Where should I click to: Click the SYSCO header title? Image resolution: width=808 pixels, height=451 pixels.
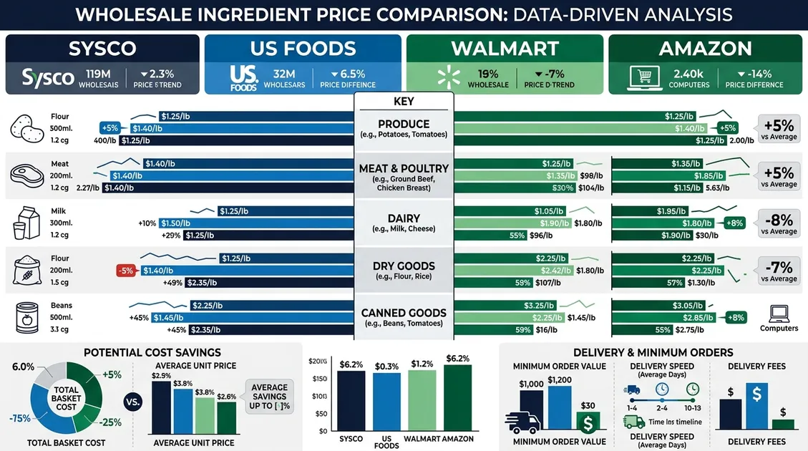coord(102,49)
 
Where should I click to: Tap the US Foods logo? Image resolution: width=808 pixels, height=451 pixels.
coord(243,78)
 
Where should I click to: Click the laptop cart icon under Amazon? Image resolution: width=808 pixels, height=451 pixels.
coord(642,78)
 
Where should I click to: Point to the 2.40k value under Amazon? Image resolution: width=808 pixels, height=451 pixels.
coord(688,73)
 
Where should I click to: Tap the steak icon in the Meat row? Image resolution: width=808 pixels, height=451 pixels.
coord(26,175)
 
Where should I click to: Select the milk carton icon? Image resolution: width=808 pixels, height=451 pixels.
coord(24,222)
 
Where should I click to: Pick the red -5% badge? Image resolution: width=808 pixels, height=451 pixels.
coord(127,271)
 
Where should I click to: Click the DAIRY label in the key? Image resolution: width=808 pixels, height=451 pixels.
coord(404,218)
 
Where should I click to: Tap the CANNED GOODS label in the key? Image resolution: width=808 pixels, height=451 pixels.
coord(404,313)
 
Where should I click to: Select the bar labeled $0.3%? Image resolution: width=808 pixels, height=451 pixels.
coord(386,401)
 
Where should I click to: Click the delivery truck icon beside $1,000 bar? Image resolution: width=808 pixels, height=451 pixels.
coord(522,422)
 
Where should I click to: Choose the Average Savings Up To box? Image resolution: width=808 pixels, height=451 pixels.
coord(269,397)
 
